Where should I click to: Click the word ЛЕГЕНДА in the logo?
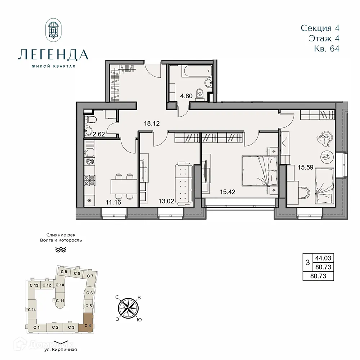click(x=53, y=55)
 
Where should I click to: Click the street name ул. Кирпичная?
click(x=59, y=349)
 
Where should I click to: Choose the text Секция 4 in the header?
click(x=320, y=28)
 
